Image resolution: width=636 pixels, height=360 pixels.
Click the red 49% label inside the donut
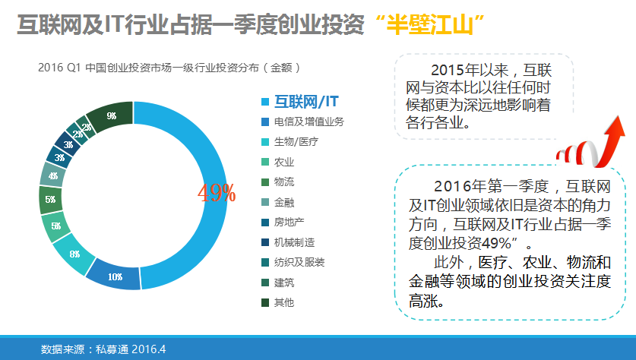[217, 193]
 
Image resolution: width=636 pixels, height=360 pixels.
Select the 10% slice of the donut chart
[114, 276]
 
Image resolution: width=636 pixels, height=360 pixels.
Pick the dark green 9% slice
[111, 116]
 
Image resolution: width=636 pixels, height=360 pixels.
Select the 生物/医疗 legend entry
[296, 142]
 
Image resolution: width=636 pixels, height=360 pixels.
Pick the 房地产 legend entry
[289, 222]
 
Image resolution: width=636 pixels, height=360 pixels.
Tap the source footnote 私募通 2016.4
[130, 349]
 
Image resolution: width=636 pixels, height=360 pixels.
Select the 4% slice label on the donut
[52, 176]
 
